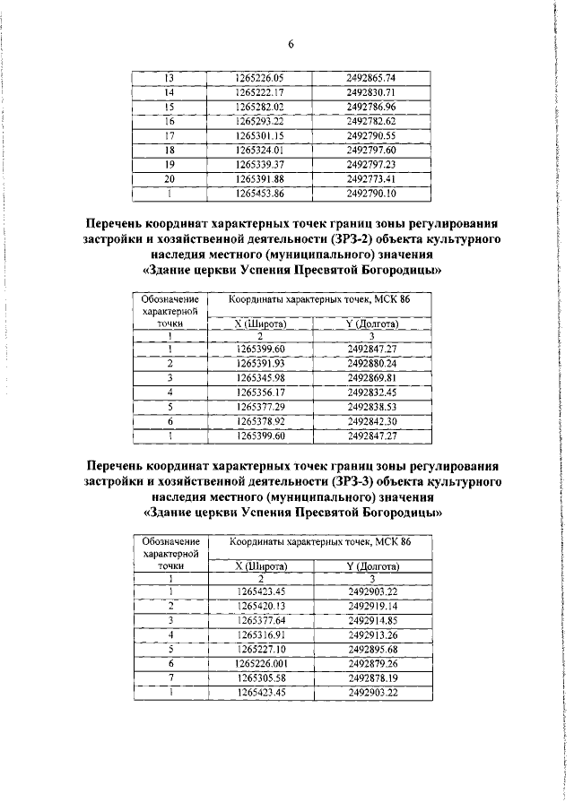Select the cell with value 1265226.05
[259, 78]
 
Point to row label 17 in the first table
[169, 134]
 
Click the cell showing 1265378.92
[260, 421]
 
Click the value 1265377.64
[260, 620]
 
